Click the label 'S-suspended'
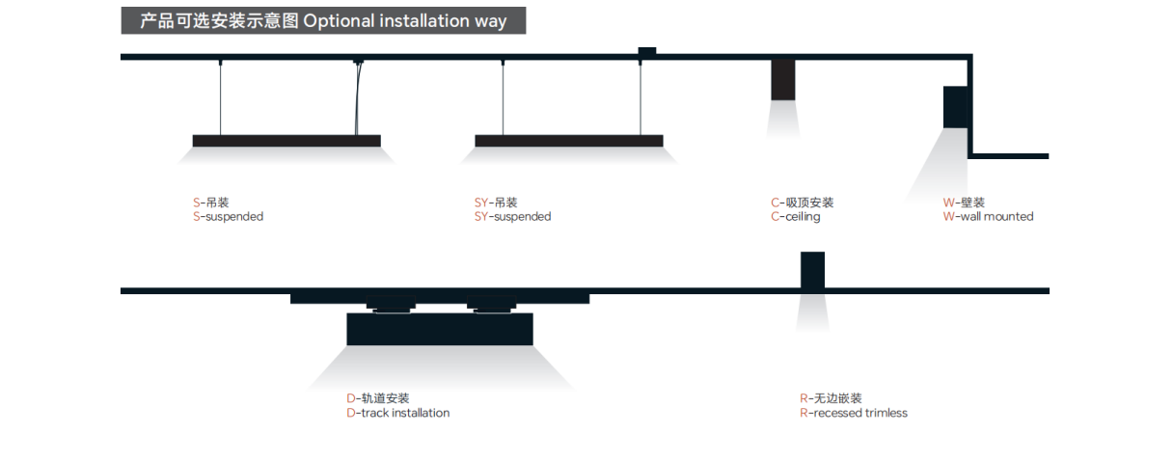click(x=228, y=217)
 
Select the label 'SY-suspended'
click(x=512, y=217)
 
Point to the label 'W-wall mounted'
click(x=988, y=217)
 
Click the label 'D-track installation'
click(x=397, y=413)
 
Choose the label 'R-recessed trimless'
click(x=853, y=413)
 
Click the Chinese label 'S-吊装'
click(x=210, y=203)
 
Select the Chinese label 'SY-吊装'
click(x=496, y=203)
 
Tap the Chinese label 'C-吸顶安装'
click(x=802, y=203)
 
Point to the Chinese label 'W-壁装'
click(x=964, y=203)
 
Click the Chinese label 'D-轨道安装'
click(x=377, y=398)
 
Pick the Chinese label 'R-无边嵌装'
click(x=831, y=398)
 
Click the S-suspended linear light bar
click(x=286, y=141)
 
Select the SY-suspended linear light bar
click(x=569, y=141)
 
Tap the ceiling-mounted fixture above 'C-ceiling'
click(x=782, y=80)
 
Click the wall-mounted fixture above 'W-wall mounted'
click(x=955, y=106)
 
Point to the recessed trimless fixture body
click(x=812, y=271)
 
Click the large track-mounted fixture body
click(x=440, y=329)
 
